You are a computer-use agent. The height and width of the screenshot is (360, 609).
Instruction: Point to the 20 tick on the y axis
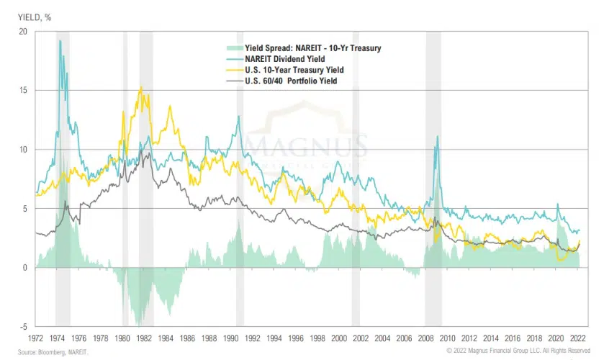pyautogui.click(x=22, y=32)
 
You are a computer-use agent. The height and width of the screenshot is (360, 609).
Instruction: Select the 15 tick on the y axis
pyautogui.click(x=22, y=91)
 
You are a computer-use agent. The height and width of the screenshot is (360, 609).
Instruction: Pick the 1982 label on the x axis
pyautogui.click(x=144, y=336)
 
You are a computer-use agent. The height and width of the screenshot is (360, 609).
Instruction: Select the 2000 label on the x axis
pyautogui.click(x=339, y=336)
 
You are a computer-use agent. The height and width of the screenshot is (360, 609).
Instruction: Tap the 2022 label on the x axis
pyautogui.click(x=578, y=336)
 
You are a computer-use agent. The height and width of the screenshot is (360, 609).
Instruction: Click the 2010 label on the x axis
pyautogui.click(x=448, y=336)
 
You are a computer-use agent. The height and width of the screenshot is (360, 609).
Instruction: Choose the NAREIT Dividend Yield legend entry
pyautogui.click(x=285, y=59)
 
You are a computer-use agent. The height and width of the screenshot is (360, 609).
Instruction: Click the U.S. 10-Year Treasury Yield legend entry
pyautogui.click(x=294, y=70)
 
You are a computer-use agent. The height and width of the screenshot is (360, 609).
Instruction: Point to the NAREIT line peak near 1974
pyautogui.click(x=60, y=41)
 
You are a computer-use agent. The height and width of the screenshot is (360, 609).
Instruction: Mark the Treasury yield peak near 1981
pyautogui.click(x=140, y=88)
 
